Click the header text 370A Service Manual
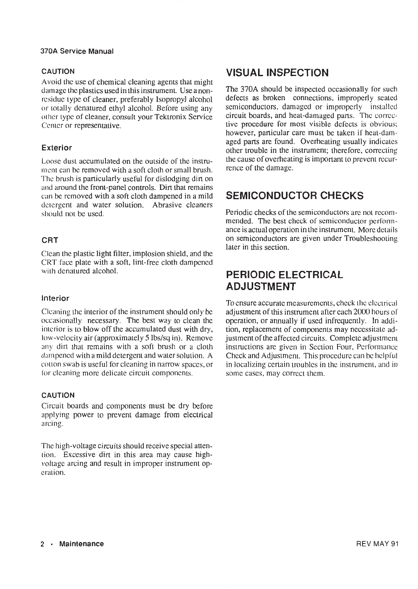[x=77, y=51]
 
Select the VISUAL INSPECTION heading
[x=277, y=72]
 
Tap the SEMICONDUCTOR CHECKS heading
[x=295, y=195]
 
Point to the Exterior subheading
[x=56, y=148]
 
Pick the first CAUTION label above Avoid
[x=58, y=71]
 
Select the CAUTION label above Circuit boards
[x=58, y=395]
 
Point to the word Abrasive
[x=167, y=205]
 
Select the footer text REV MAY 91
[x=377, y=544]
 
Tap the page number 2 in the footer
[x=43, y=544]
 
